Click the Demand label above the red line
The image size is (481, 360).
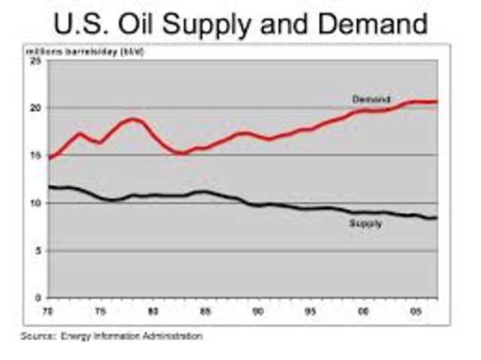[371, 99]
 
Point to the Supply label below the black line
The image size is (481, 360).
[366, 224]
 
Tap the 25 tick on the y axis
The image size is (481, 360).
[36, 61]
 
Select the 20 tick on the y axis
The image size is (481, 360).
[36, 108]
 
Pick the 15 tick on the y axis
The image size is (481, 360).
[36, 156]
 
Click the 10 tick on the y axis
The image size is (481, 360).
[36, 203]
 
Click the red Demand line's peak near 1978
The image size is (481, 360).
[133, 119]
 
